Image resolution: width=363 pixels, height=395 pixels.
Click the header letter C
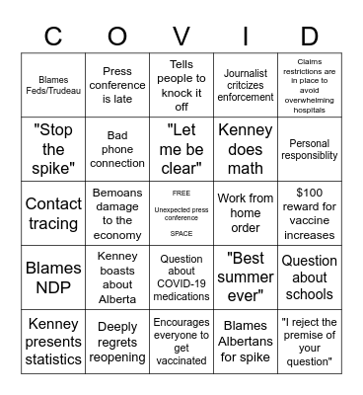pos(53,38)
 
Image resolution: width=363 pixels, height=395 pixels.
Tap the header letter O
pos(117,38)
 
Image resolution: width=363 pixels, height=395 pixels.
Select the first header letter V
pos(181,38)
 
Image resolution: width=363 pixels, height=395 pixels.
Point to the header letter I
pos(245,38)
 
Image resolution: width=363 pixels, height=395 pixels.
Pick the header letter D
pos(309,38)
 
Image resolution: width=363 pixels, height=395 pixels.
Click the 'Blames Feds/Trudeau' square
pos(53,85)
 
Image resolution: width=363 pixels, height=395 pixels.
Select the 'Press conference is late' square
pos(117,85)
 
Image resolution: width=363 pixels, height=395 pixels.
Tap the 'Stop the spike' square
pos(53,149)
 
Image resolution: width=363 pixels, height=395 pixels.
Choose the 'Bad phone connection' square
pos(117,149)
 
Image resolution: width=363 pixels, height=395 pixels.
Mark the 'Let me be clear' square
pos(181,149)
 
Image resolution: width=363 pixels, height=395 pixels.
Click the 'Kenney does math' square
pos(245,149)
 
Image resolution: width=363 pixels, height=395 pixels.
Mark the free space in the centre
pos(181,212)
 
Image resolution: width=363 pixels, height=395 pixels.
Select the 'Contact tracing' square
pos(53,212)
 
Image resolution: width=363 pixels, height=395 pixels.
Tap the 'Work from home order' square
pos(245,212)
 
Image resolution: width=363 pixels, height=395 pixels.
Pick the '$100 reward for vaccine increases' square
pos(309,212)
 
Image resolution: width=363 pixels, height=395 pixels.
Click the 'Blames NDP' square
pos(53,276)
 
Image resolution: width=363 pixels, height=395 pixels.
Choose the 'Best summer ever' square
pos(245,276)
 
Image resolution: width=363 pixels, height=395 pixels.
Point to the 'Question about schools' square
pos(309,276)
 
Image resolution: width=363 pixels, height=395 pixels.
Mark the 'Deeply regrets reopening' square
pos(117,341)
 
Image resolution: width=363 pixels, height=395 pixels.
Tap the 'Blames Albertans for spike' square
pos(245,341)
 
